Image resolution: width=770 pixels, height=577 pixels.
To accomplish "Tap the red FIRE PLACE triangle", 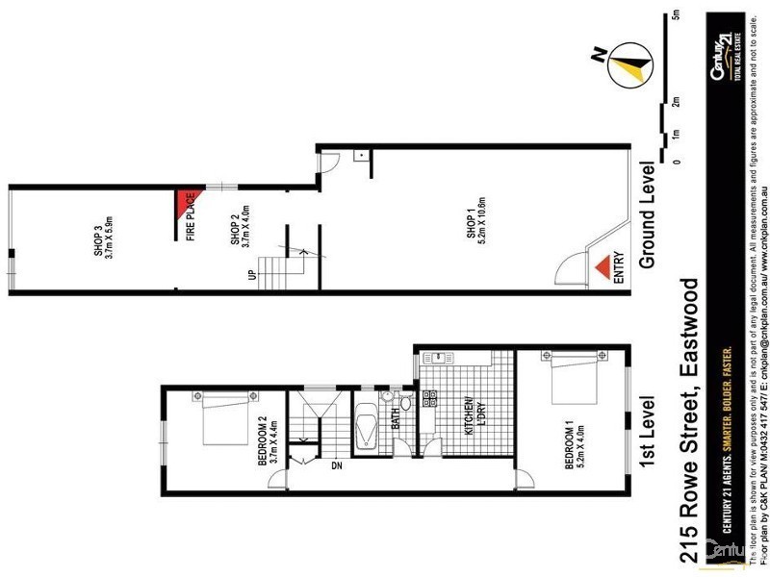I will [185, 203].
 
